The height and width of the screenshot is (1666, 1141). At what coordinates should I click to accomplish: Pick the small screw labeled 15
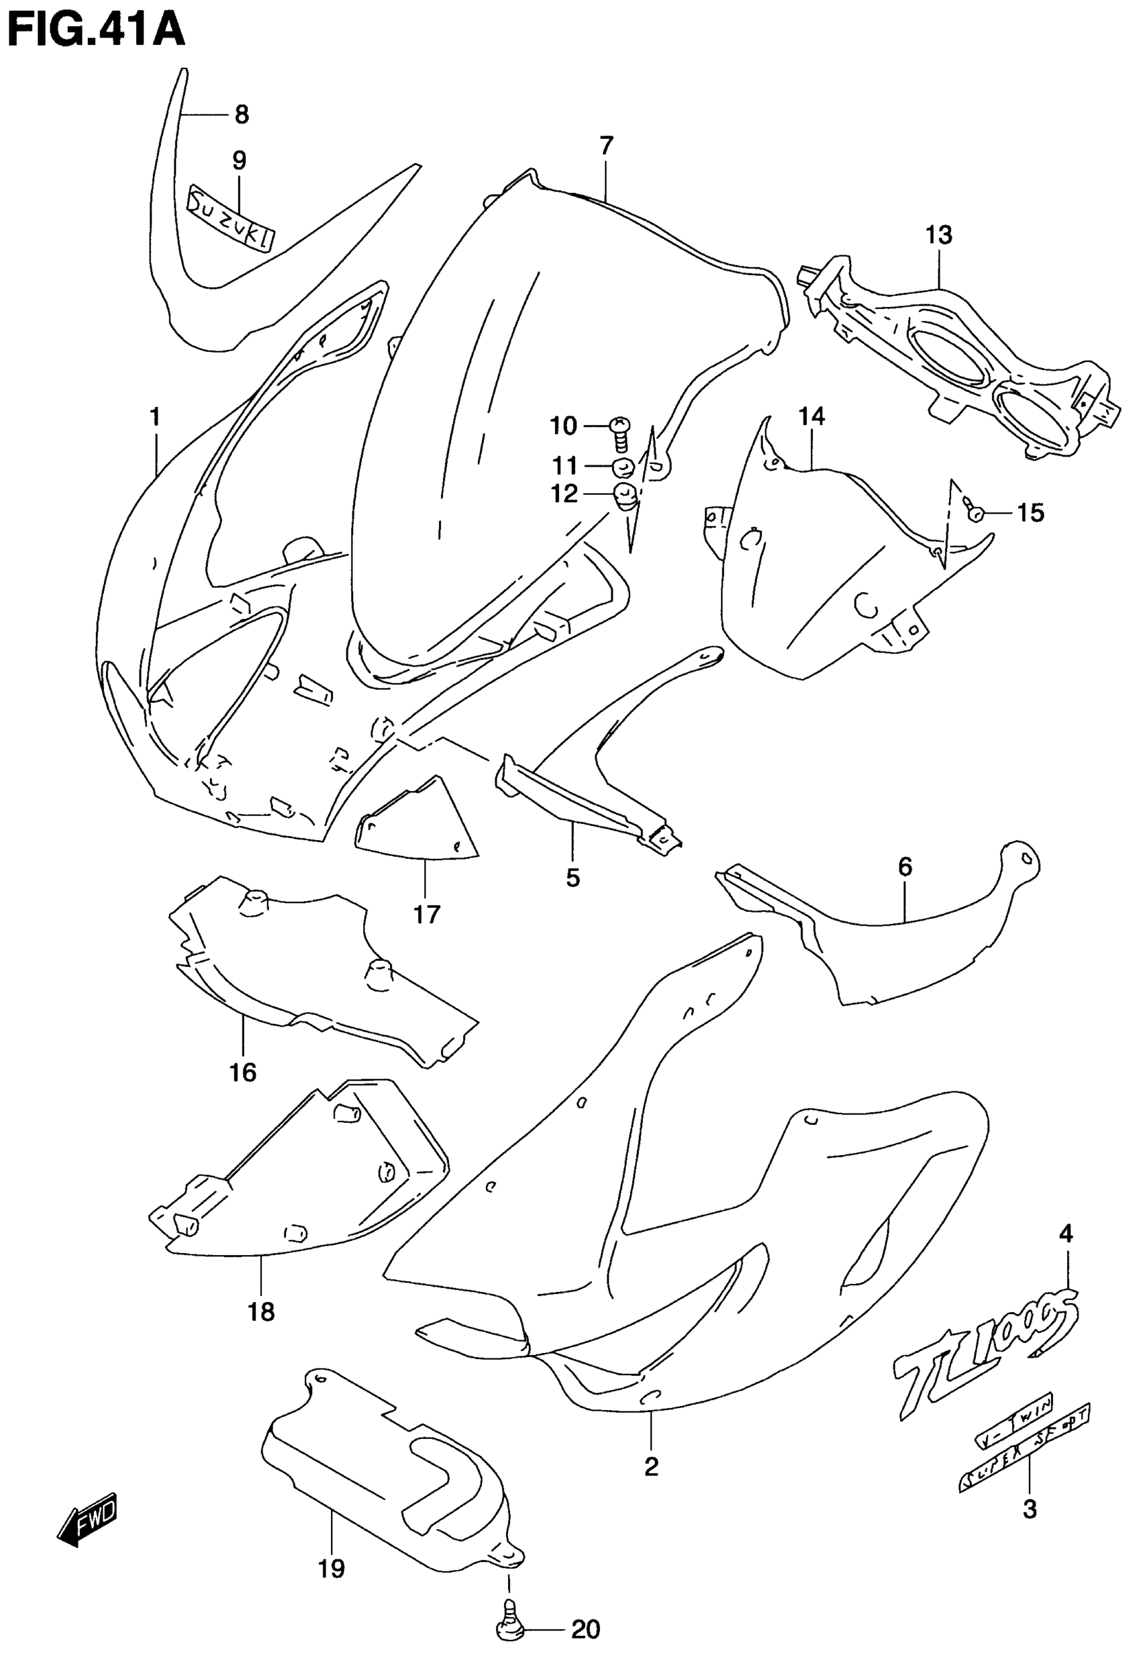(973, 510)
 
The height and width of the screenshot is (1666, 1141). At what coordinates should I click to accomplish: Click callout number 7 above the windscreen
(606, 146)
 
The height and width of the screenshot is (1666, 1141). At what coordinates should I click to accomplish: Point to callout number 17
(426, 914)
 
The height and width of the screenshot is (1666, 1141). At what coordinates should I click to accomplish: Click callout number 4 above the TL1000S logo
(1066, 1233)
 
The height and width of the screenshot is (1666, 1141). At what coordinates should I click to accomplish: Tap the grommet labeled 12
(626, 497)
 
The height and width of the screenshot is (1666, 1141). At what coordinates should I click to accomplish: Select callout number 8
(242, 114)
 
